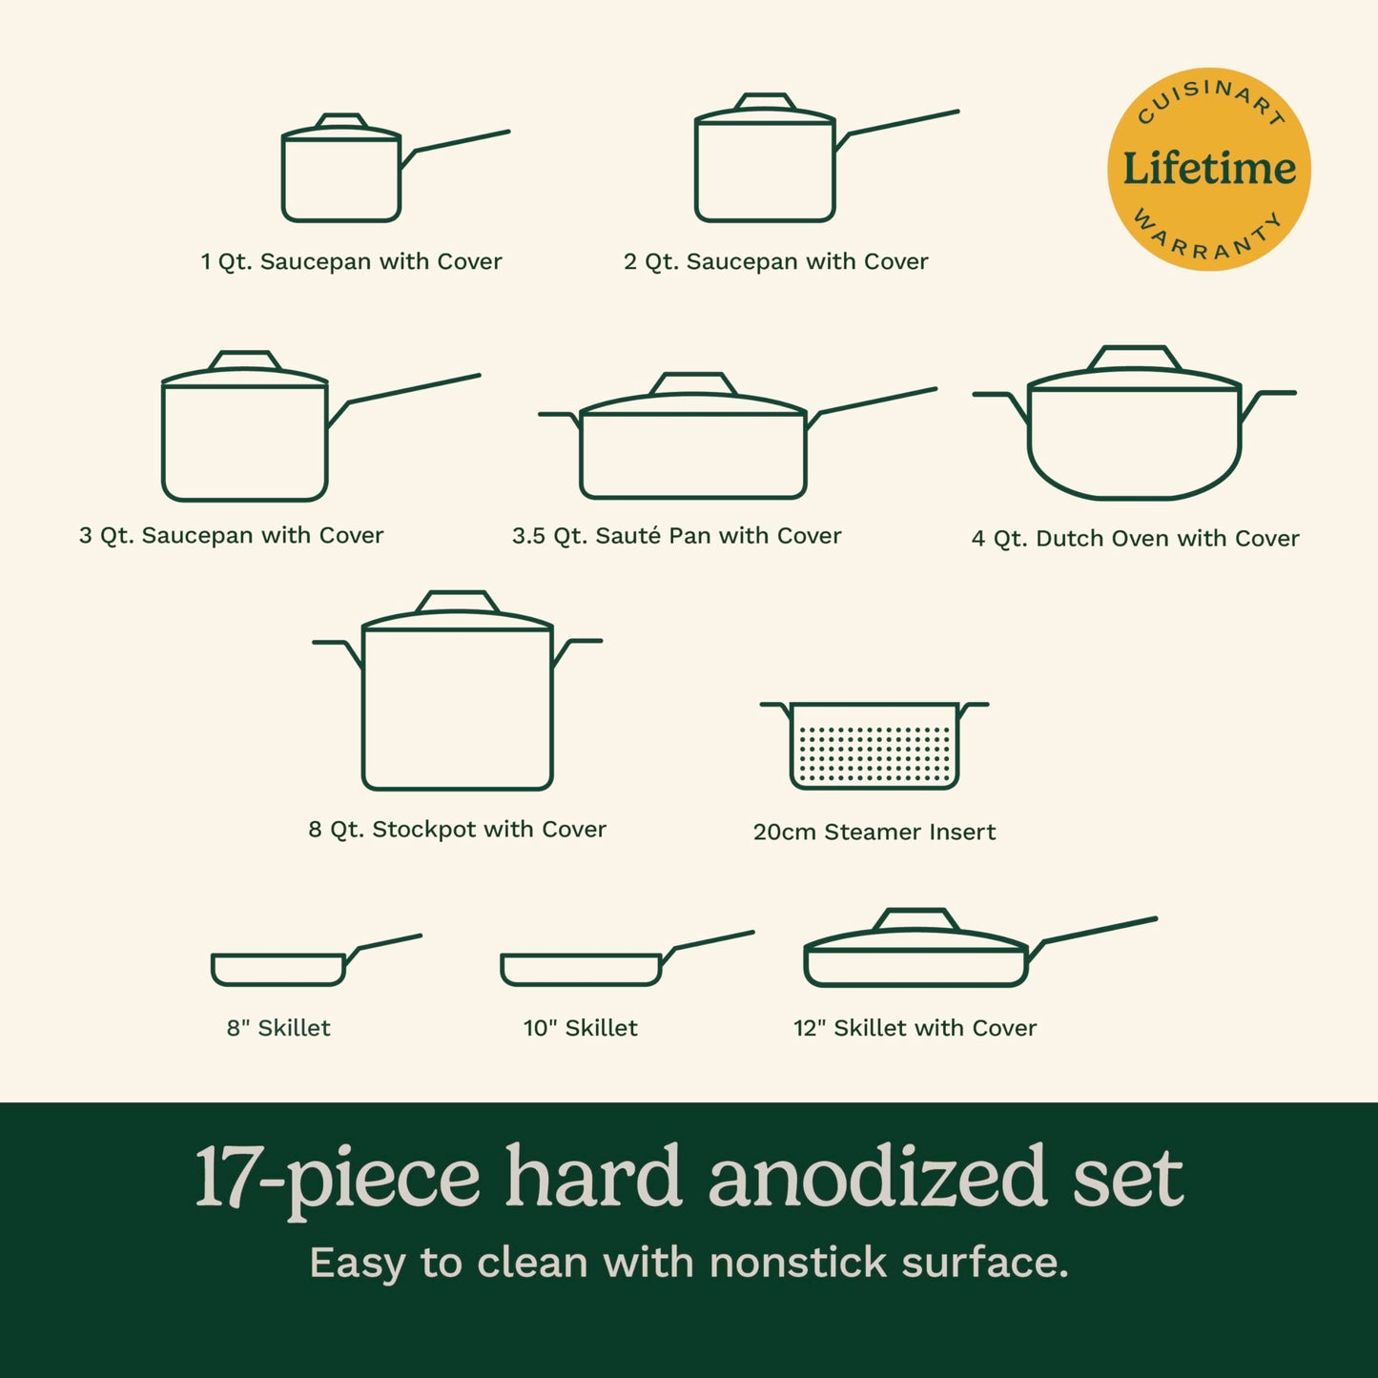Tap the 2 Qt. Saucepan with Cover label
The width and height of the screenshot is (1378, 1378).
(x=775, y=261)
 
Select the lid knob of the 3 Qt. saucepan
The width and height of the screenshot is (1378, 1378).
(x=245, y=360)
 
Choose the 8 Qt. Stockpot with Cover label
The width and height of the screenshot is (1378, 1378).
(x=457, y=830)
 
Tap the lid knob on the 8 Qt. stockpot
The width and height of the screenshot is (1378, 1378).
(x=458, y=602)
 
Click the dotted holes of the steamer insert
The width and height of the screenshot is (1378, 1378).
(x=874, y=753)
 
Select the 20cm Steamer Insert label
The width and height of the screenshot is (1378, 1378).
(x=874, y=832)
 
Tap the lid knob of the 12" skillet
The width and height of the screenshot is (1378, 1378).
(x=915, y=919)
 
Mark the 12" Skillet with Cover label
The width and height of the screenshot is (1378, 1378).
(x=915, y=1028)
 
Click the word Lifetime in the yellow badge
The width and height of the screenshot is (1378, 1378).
(x=1209, y=169)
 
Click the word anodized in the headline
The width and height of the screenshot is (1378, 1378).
(x=877, y=1177)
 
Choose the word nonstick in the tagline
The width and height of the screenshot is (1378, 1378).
(x=798, y=1263)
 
